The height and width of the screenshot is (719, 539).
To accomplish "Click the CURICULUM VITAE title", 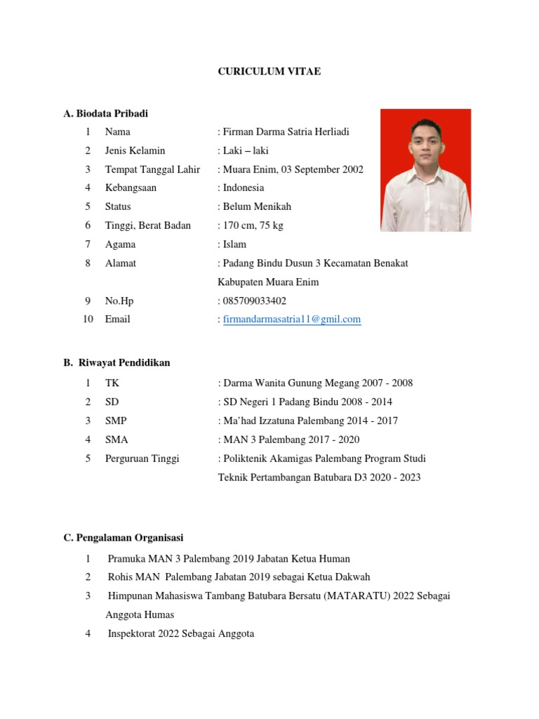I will coord(269,72).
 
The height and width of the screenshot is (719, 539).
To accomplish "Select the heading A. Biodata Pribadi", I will coord(105,113).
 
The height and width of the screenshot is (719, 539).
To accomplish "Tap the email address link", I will coord(292,319).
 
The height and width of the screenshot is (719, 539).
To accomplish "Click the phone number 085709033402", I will coord(254,301).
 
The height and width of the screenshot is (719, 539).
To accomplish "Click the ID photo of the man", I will coord(426,170).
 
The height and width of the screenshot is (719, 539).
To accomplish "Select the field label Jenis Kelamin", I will coord(135,150).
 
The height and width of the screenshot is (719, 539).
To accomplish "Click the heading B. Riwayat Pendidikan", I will coord(117,363).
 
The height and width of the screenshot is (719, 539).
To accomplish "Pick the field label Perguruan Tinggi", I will coord(142,459).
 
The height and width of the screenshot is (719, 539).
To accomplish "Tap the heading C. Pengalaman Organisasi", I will coord(123,538).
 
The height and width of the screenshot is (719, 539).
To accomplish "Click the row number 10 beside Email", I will coord(88,319).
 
